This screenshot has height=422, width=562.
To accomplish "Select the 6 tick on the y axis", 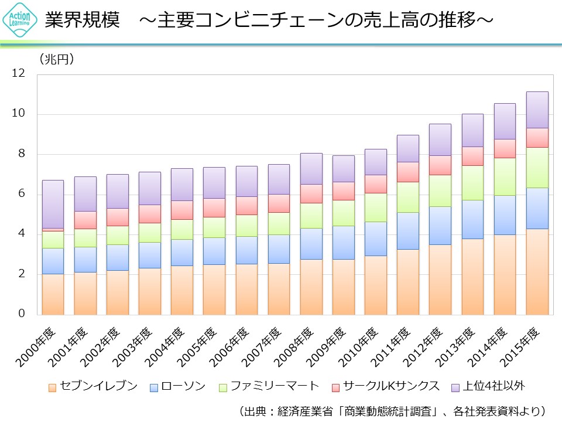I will [x=21, y=194].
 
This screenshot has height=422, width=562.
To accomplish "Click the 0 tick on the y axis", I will [x=21, y=314].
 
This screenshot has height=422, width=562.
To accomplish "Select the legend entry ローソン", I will [x=183, y=386].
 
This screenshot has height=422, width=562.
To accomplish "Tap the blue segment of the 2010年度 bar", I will [x=376, y=239].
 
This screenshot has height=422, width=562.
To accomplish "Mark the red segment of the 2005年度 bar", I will [x=214, y=207].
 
